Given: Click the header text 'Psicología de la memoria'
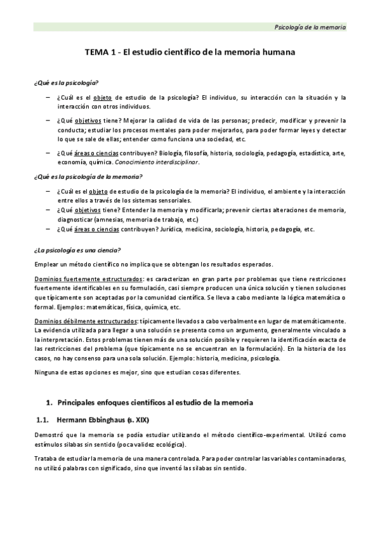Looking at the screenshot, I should click(x=310, y=27).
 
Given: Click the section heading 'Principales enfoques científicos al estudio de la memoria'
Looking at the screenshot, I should click(x=155, y=402).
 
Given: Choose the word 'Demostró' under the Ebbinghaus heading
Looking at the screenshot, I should click(x=50, y=435).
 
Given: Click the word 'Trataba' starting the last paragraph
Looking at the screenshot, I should click(x=48, y=459).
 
